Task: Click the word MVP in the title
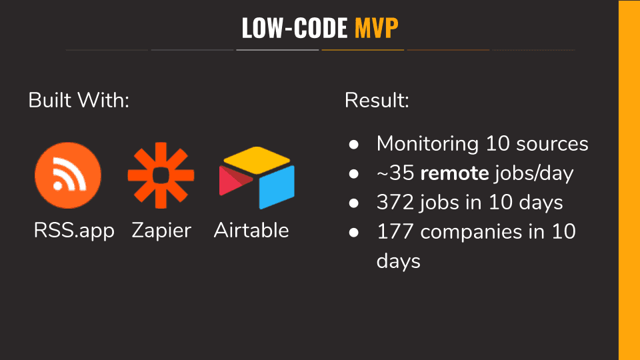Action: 376,28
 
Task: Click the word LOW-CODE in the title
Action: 294,28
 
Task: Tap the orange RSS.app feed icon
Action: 68,175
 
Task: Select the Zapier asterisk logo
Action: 161,175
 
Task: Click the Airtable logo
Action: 257,177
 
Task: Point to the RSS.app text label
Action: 74,231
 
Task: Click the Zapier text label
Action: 161,231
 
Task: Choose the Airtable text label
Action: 251,230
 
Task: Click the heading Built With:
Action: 79,100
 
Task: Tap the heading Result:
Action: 377,100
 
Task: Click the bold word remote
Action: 455,173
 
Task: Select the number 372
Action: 395,203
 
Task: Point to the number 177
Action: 395,232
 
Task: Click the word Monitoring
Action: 427,144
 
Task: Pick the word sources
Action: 552,144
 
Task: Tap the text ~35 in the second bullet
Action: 395,173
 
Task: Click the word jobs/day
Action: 534,173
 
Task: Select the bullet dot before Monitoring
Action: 354,144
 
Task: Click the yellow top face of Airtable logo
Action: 257,159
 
